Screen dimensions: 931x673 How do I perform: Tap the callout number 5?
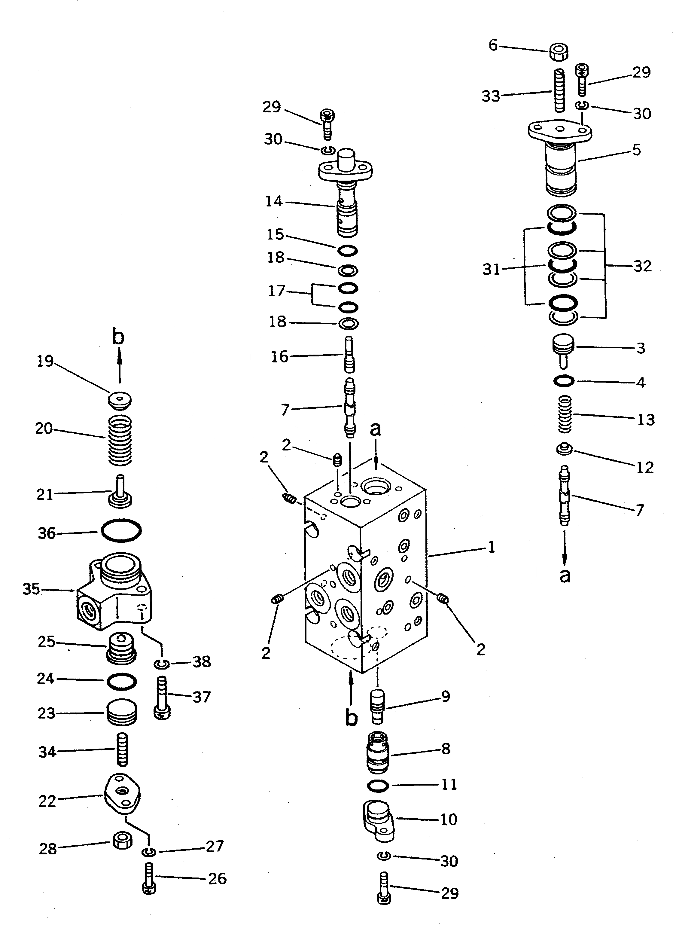[636, 150]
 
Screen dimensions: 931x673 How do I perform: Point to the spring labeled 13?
[565, 414]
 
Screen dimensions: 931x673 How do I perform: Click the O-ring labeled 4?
[563, 381]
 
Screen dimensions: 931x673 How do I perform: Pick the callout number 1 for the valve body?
[491, 547]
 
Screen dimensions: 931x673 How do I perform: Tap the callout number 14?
[274, 202]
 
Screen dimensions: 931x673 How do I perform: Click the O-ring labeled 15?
[348, 250]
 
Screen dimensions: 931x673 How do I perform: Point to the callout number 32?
[643, 267]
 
